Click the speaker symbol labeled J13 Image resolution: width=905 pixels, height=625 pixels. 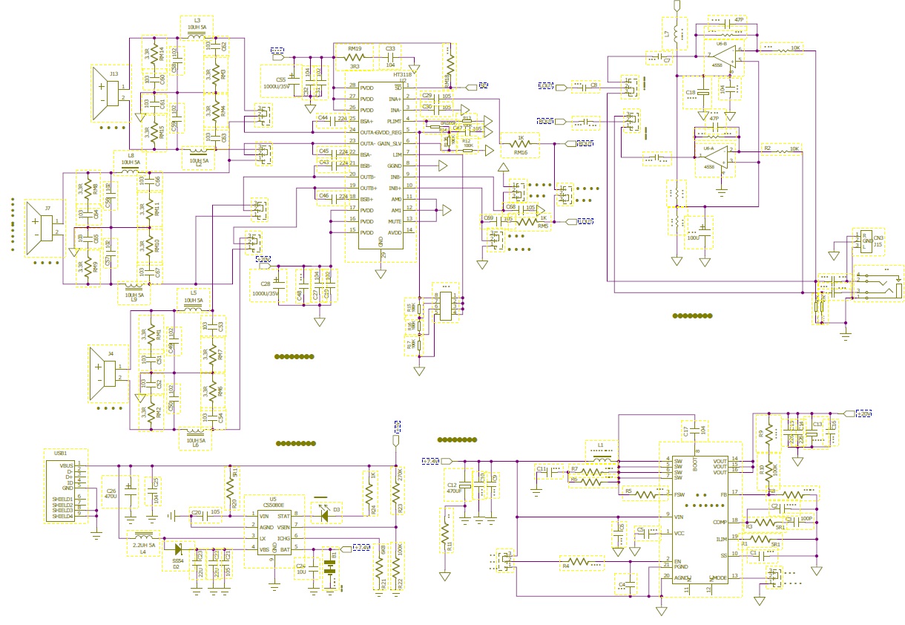108,94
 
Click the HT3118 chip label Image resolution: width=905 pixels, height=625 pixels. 402,75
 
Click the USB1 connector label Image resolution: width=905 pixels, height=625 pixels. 61,453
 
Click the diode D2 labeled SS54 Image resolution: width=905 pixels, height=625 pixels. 176,549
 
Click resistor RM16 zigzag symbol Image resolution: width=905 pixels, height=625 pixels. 521,144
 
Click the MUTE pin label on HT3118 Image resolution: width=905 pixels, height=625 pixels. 395,221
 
